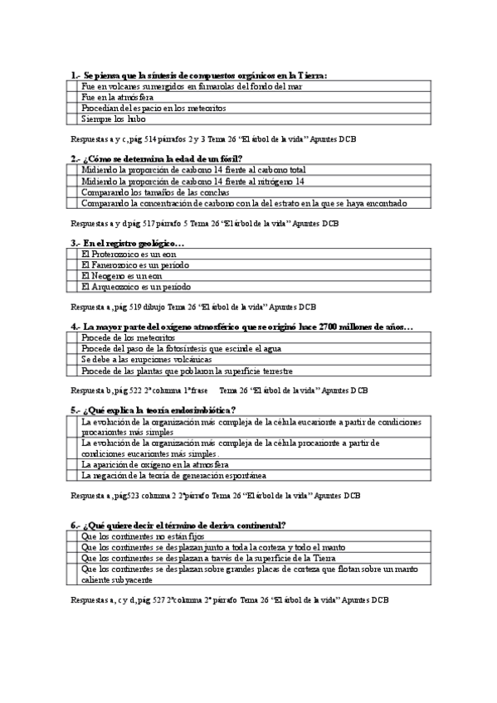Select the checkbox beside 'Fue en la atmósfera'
(x=72, y=97)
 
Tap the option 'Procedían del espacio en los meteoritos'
(x=153, y=108)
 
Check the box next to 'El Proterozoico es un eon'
(x=72, y=254)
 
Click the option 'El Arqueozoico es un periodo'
(x=136, y=286)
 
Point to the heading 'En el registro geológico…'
(x=128, y=242)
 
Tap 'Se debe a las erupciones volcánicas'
(x=146, y=360)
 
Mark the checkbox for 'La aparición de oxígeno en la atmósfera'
(x=72, y=464)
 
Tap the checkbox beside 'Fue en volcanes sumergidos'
(x=72, y=86)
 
